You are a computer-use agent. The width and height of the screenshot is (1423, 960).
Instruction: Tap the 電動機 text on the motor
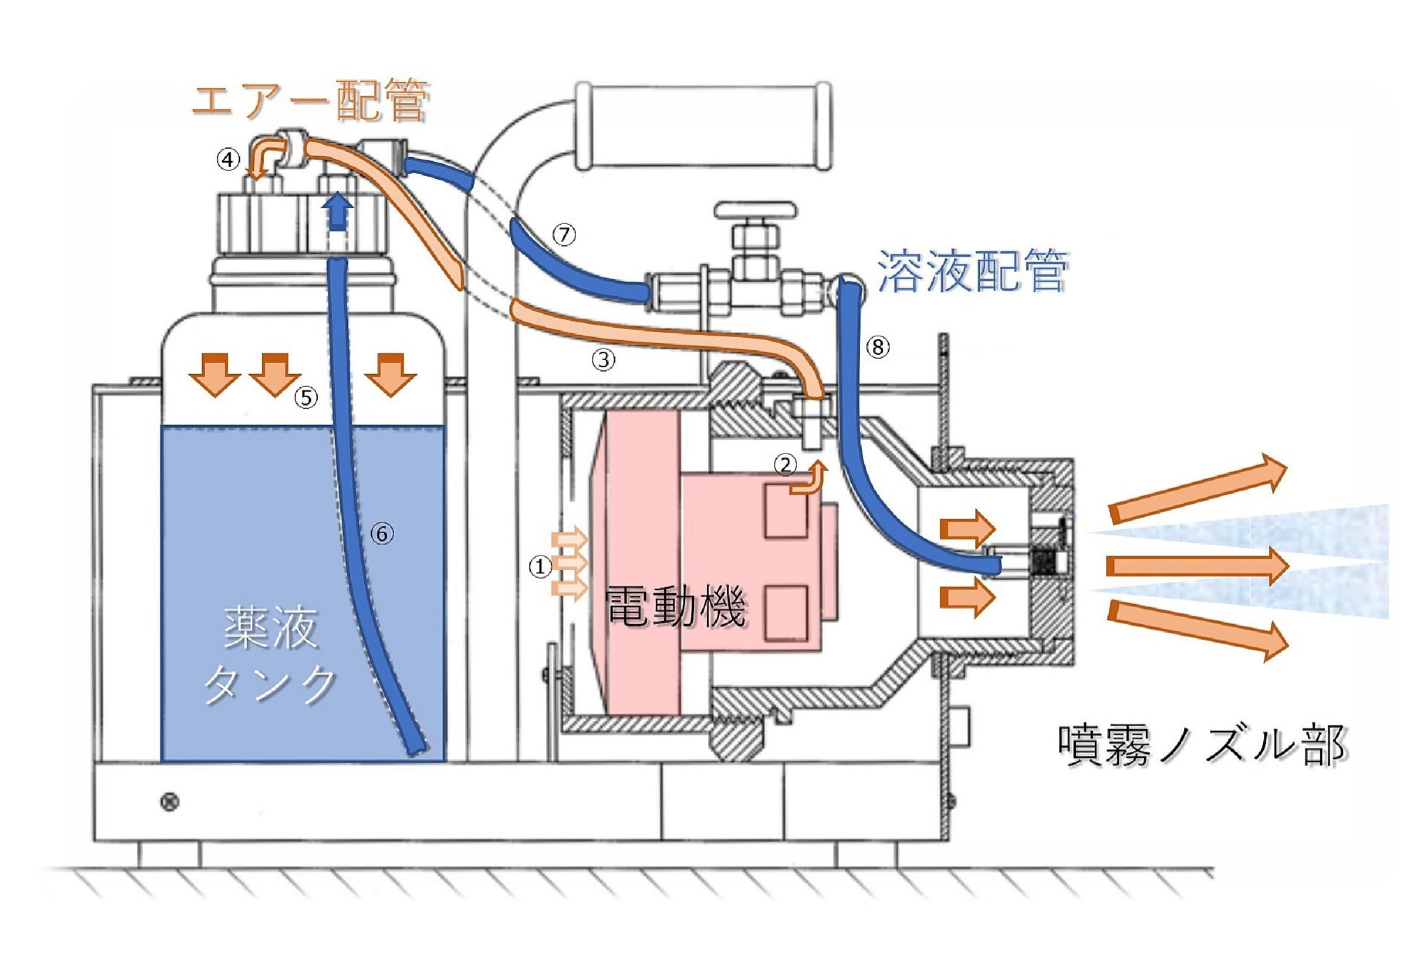(674, 605)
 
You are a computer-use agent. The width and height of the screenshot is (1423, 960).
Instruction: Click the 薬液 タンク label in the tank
(270, 655)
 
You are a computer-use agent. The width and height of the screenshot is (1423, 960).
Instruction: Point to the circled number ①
(540, 567)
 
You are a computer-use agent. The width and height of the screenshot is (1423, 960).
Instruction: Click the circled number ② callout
(785, 465)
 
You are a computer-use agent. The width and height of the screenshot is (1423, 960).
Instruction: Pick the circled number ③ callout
(603, 360)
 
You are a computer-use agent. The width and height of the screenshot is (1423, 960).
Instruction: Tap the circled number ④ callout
(228, 160)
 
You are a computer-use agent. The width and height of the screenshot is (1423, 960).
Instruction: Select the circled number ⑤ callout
(306, 398)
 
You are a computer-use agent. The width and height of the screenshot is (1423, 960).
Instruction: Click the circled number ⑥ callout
(382, 534)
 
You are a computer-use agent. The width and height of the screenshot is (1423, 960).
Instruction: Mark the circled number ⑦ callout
(564, 234)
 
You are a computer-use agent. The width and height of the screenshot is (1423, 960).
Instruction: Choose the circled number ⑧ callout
(878, 347)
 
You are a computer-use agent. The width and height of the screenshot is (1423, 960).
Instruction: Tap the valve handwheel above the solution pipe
(756, 211)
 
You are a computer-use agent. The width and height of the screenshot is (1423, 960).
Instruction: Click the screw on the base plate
(169, 802)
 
